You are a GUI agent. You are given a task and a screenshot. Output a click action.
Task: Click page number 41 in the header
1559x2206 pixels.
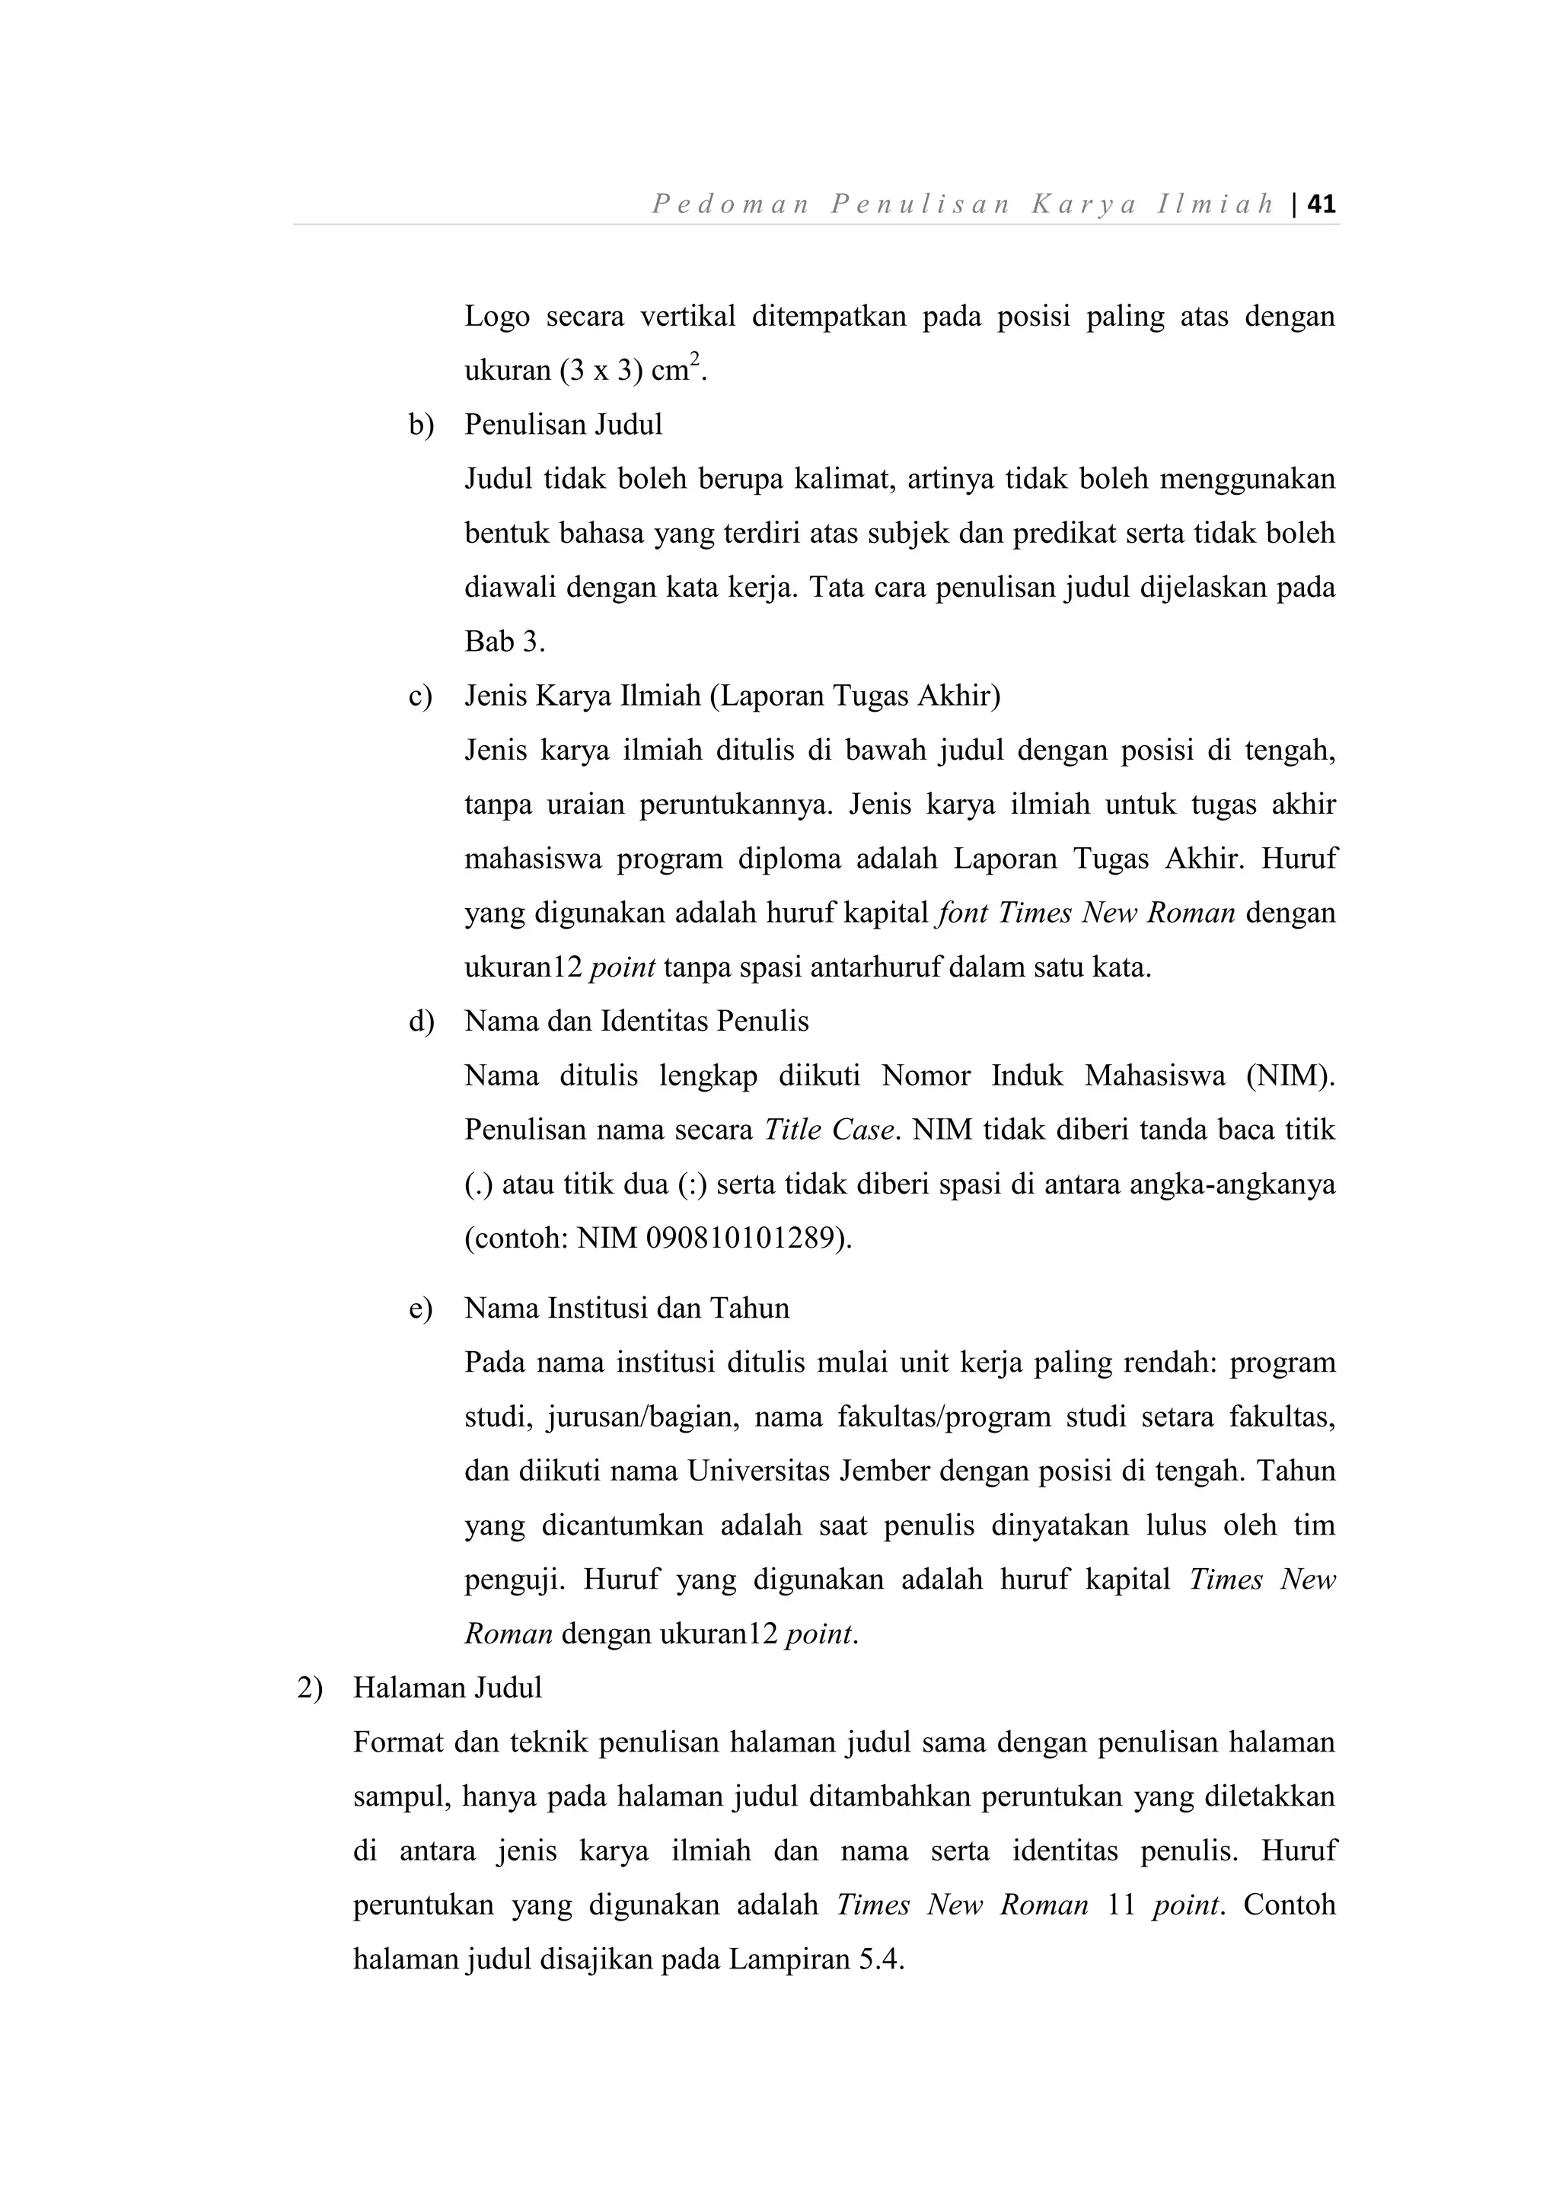click(x=1321, y=205)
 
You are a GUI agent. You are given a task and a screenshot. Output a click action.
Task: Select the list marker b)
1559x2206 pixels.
click(x=421, y=425)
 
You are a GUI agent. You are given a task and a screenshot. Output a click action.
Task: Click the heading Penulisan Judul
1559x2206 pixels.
click(x=564, y=425)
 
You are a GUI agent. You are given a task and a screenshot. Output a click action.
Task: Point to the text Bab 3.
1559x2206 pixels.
click(x=503, y=642)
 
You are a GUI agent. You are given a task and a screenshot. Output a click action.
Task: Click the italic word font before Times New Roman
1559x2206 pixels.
click(x=961, y=912)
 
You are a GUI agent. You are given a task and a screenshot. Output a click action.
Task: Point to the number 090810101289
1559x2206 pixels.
click(x=738, y=1238)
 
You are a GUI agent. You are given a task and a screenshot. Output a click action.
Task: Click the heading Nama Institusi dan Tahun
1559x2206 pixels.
click(x=627, y=1308)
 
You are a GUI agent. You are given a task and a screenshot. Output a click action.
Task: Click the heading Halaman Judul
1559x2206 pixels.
click(x=448, y=1688)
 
